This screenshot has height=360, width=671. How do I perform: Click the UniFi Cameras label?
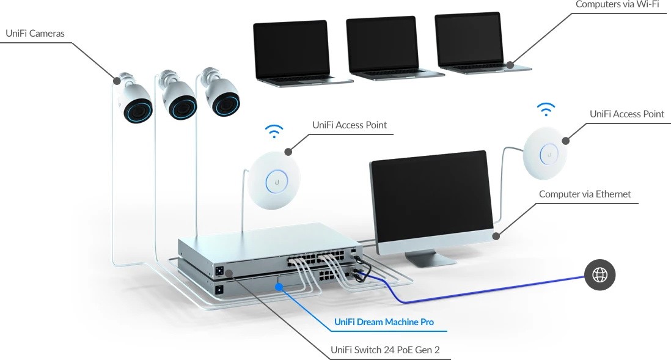pyautogui.click(x=35, y=32)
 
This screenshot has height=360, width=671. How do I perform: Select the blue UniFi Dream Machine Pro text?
pyautogui.click(x=384, y=322)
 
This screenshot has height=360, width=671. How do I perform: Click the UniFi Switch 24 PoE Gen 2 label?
pyautogui.click(x=385, y=350)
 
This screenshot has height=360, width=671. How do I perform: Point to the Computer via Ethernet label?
pyautogui.click(x=585, y=194)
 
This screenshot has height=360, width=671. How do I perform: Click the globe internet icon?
pyautogui.click(x=599, y=276)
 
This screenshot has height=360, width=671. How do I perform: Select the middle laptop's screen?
pyautogui.click(x=381, y=43)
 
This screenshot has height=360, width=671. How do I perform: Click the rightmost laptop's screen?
pyautogui.click(x=469, y=39)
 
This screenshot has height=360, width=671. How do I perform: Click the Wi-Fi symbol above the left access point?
pyautogui.click(x=274, y=131)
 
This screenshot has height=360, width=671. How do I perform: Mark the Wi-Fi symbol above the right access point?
pyautogui.click(x=546, y=110)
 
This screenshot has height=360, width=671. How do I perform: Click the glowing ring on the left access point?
pyautogui.click(x=276, y=180)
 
